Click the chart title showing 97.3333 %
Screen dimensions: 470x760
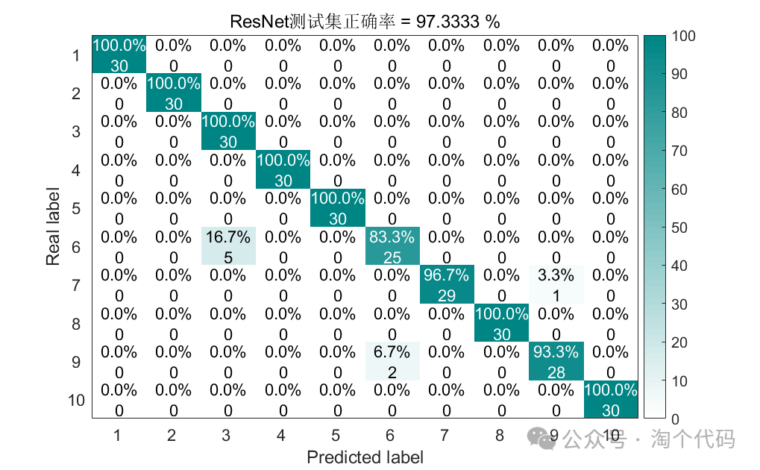(x=365, y=22)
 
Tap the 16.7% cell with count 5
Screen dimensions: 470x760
(x=228, y=246)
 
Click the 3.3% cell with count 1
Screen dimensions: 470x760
(x=556, y=284)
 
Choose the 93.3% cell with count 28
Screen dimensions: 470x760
(x=556, y=361)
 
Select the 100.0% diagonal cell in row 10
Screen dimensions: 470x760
(x=611, y=399)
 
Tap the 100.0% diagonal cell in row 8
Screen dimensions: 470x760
(x=502, y=323)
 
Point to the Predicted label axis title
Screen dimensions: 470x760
(x=365, y=457)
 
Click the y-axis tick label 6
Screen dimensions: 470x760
(x=76, y=246)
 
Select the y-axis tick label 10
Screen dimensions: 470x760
(x=76, y=400)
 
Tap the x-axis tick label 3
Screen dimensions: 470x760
(x=227, y=436)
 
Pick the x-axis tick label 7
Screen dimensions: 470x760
(x=445, y=436)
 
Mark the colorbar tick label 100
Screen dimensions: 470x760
(x=683, y=36)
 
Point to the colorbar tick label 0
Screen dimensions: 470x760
(x=676, y=419)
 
